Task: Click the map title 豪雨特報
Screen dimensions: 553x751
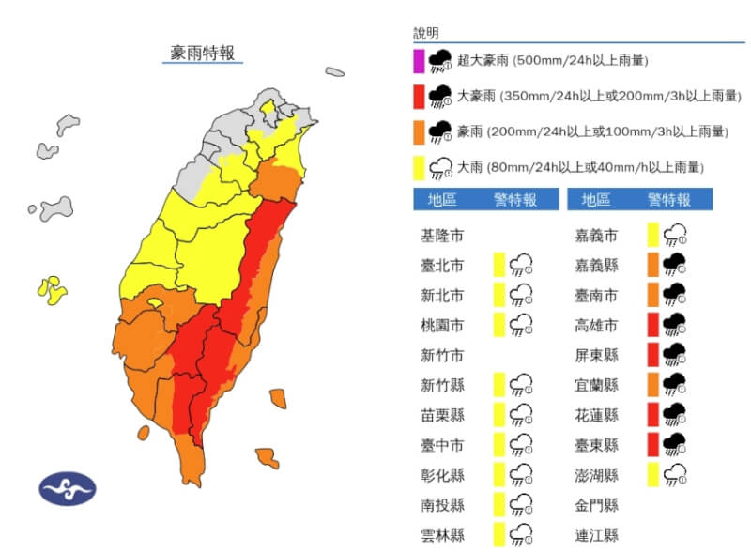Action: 203,53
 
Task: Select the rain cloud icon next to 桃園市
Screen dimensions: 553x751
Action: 522,324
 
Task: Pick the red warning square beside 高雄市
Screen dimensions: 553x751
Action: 652,324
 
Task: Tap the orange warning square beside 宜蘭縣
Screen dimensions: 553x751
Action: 652,384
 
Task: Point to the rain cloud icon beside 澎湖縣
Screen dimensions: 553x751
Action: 675,474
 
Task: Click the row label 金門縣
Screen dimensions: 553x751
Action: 597,505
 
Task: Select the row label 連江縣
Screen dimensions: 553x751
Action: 597,535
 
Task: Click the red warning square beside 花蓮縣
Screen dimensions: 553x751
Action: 652,414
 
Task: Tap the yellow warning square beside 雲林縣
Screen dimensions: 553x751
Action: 499,534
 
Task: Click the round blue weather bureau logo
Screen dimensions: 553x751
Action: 67,488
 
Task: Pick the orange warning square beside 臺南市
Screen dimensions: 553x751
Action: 652,295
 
